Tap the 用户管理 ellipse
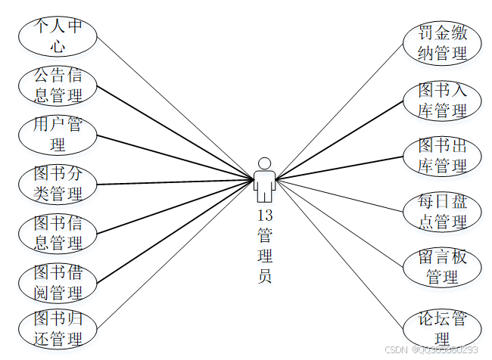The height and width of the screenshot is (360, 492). [x=58, y=134]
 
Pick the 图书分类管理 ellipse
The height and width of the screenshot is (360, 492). [x=58, y=184]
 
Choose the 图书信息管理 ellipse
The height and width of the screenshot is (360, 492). [x=58, y=233]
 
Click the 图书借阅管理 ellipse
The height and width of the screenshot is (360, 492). [x=58, y=281]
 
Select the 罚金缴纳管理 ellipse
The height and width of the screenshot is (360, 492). [x=443, y=43]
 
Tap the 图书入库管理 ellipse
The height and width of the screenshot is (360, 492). [x=443, y=101]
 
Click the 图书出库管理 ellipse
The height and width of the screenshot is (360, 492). [x=443, y=156]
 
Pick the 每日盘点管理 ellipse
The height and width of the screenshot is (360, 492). [x=443, y=212]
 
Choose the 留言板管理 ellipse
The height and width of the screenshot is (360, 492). [x=443, y=267]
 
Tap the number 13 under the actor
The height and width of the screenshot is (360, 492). [x=264, y=216]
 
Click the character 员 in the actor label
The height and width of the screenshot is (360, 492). [x=264, y=276]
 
